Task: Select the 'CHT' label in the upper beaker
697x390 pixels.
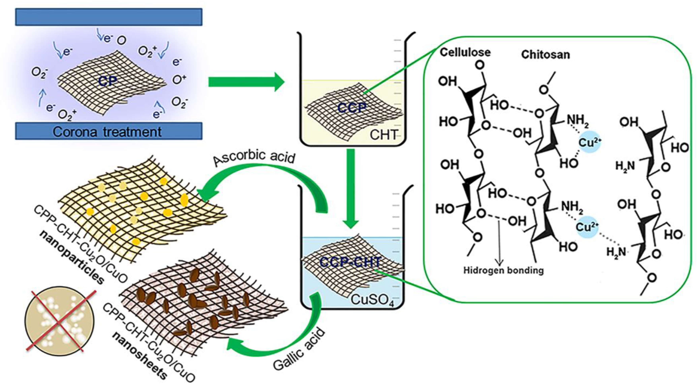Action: [384, 135]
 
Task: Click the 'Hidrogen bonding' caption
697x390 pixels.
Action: [503, 270]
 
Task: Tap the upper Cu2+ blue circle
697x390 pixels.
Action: [590, 142]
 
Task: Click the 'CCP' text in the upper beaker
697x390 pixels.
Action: [352, 108]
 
